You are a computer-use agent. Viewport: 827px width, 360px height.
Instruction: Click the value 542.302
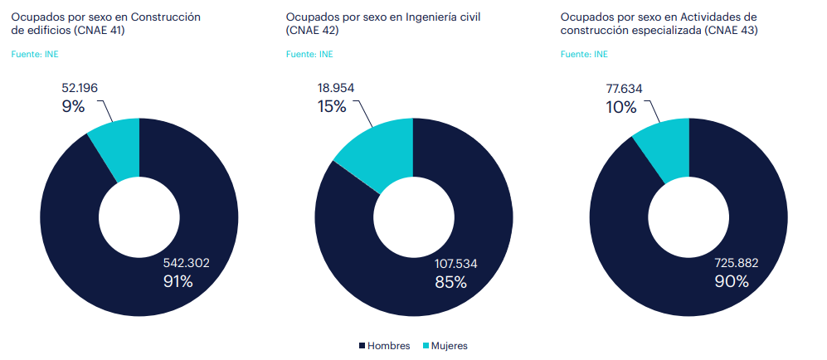point(186,263)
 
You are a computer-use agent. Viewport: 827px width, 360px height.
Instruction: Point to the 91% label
point(178,282)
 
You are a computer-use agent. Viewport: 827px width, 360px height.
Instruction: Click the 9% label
point(73,106)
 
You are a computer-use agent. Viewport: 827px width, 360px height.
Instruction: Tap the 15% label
point(332,106)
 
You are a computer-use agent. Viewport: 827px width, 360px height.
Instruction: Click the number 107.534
point(456,264)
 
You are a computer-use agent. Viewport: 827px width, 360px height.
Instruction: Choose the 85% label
point(450,282)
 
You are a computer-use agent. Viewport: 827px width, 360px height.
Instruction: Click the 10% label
point(621,107)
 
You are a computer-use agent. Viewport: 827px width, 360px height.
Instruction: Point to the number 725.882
point(737,264)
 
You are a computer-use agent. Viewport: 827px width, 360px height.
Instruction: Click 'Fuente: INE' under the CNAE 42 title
point(309,55)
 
